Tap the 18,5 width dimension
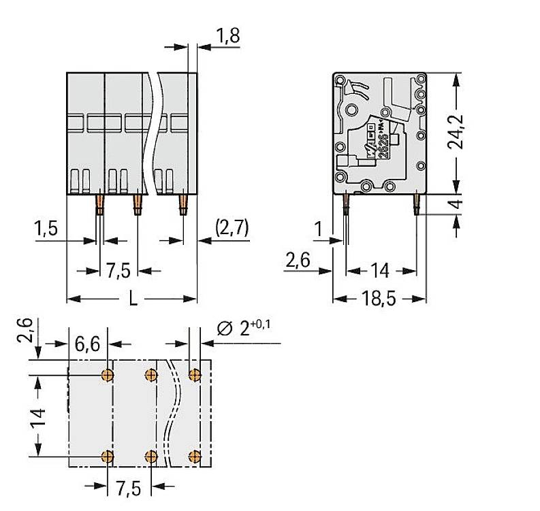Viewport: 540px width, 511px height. pyautogui.click(x=379, y=299)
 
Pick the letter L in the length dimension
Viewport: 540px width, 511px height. pyautogui.click(x=133, y=299)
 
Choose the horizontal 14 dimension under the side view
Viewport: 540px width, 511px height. pyautogui.click(x=379, y=271)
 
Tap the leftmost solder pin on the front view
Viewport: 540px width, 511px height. pyautogui.click(x=99, y=203)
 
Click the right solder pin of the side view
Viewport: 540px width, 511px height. pyautogui.click(x=415, y=203)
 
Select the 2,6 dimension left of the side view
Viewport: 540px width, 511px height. pyautogui.click(x=298, y=260)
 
